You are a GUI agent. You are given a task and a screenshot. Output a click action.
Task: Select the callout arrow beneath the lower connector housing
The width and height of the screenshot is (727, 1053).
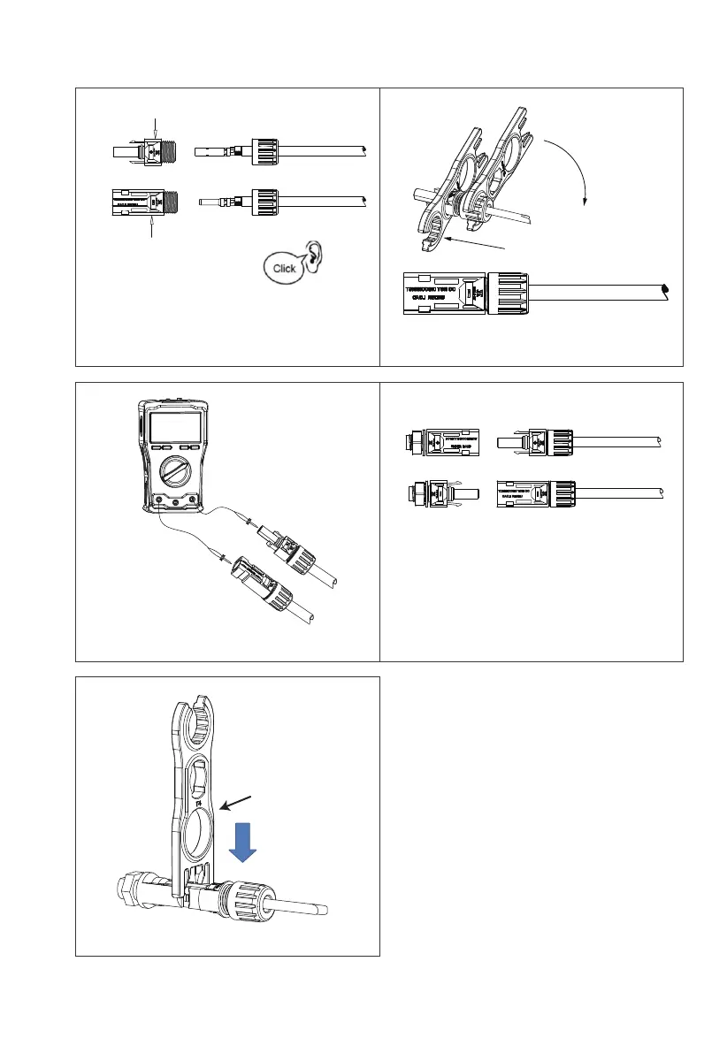[x=152, y=227]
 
